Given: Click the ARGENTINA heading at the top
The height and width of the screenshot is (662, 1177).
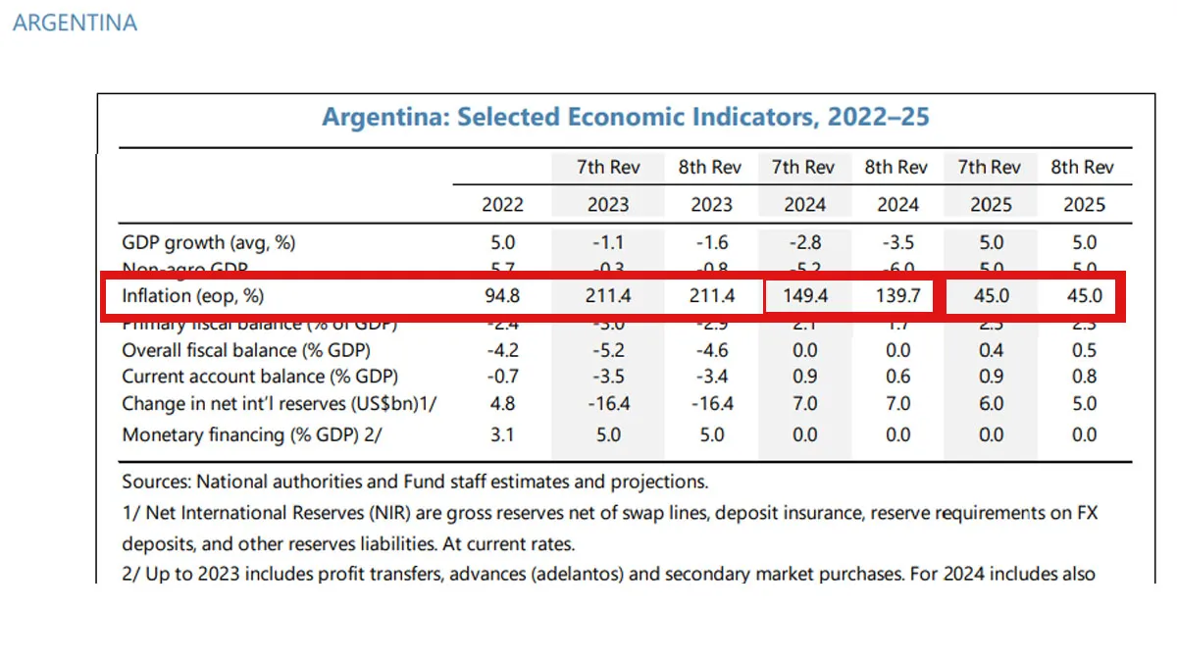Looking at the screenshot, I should [75, 23].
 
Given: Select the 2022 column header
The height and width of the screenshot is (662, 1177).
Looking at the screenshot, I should [502, 205].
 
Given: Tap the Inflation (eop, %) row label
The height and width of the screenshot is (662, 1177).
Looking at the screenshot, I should [193, 296].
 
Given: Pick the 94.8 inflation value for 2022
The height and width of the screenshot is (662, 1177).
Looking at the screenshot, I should [502, 296].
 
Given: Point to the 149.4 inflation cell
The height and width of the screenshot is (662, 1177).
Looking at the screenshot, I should [804, 296].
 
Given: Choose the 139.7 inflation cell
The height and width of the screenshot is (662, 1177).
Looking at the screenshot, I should [897, 296].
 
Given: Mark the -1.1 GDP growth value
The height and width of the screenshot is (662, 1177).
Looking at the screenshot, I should [608, 243].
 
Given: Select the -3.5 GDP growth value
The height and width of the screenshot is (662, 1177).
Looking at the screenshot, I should [897, 243].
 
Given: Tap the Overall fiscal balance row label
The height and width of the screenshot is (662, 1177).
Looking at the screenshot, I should [245, 350].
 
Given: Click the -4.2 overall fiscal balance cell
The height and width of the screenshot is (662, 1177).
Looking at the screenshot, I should [502, 350].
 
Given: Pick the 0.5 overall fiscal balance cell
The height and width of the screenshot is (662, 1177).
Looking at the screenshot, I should [1084, 350].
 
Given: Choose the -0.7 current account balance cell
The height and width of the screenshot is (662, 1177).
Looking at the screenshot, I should [502, 377].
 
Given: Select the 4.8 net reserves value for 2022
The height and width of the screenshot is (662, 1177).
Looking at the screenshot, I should [502, 403].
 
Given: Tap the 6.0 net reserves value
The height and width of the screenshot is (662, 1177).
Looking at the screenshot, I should [991, 403].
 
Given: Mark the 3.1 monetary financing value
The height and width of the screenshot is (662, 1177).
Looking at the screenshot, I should [502, 434].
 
